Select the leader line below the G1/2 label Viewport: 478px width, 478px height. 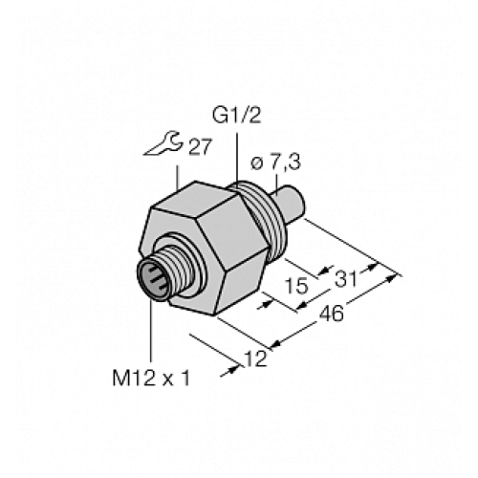click(235, 153)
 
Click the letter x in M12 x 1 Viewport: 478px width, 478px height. click(167, 377)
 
